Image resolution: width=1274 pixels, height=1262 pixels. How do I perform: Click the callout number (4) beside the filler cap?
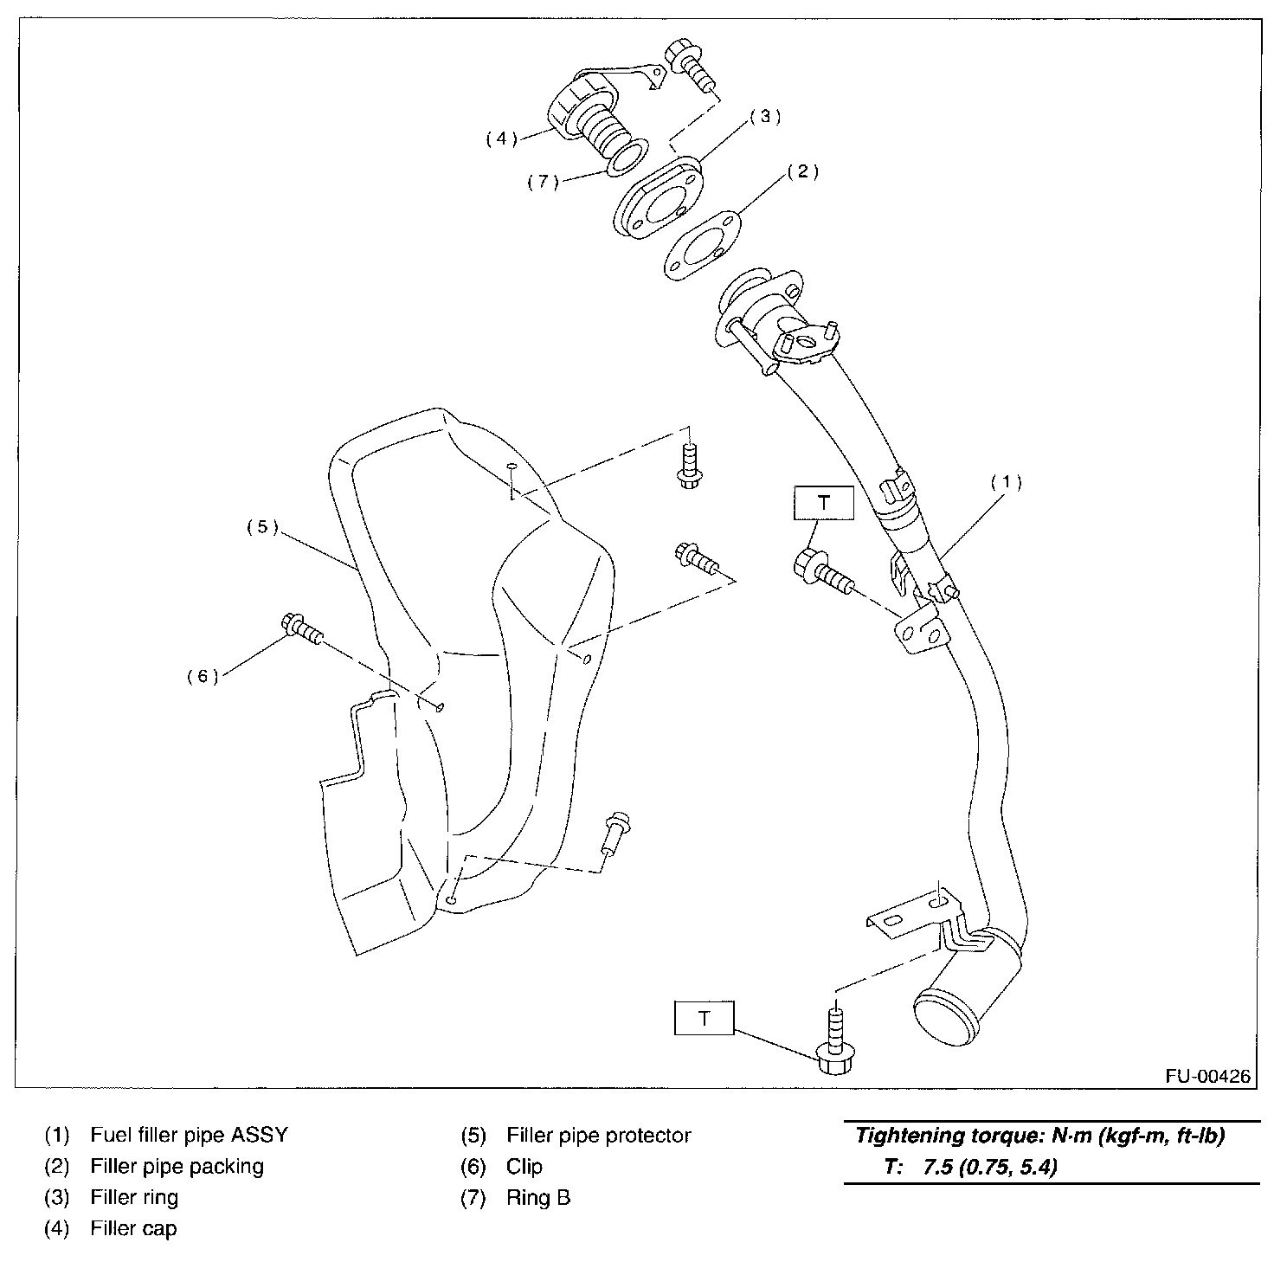501,138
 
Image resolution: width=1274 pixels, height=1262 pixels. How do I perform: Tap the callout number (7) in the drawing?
544,183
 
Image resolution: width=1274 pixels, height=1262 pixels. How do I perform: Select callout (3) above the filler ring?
765,117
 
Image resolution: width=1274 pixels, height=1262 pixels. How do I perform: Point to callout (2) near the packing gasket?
801,172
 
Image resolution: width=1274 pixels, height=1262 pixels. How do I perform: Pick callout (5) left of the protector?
262,527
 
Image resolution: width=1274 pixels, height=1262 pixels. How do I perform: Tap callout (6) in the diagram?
203,676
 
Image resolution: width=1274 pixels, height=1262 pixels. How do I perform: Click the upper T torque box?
823,502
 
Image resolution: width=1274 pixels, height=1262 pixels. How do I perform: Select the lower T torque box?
704,1018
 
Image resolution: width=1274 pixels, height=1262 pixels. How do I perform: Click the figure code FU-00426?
1207,1076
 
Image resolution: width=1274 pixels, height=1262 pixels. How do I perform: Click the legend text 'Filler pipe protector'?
598,1135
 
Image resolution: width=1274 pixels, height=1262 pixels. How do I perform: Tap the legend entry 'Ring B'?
537,1197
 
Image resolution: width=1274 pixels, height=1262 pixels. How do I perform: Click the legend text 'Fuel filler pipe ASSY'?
189,1135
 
